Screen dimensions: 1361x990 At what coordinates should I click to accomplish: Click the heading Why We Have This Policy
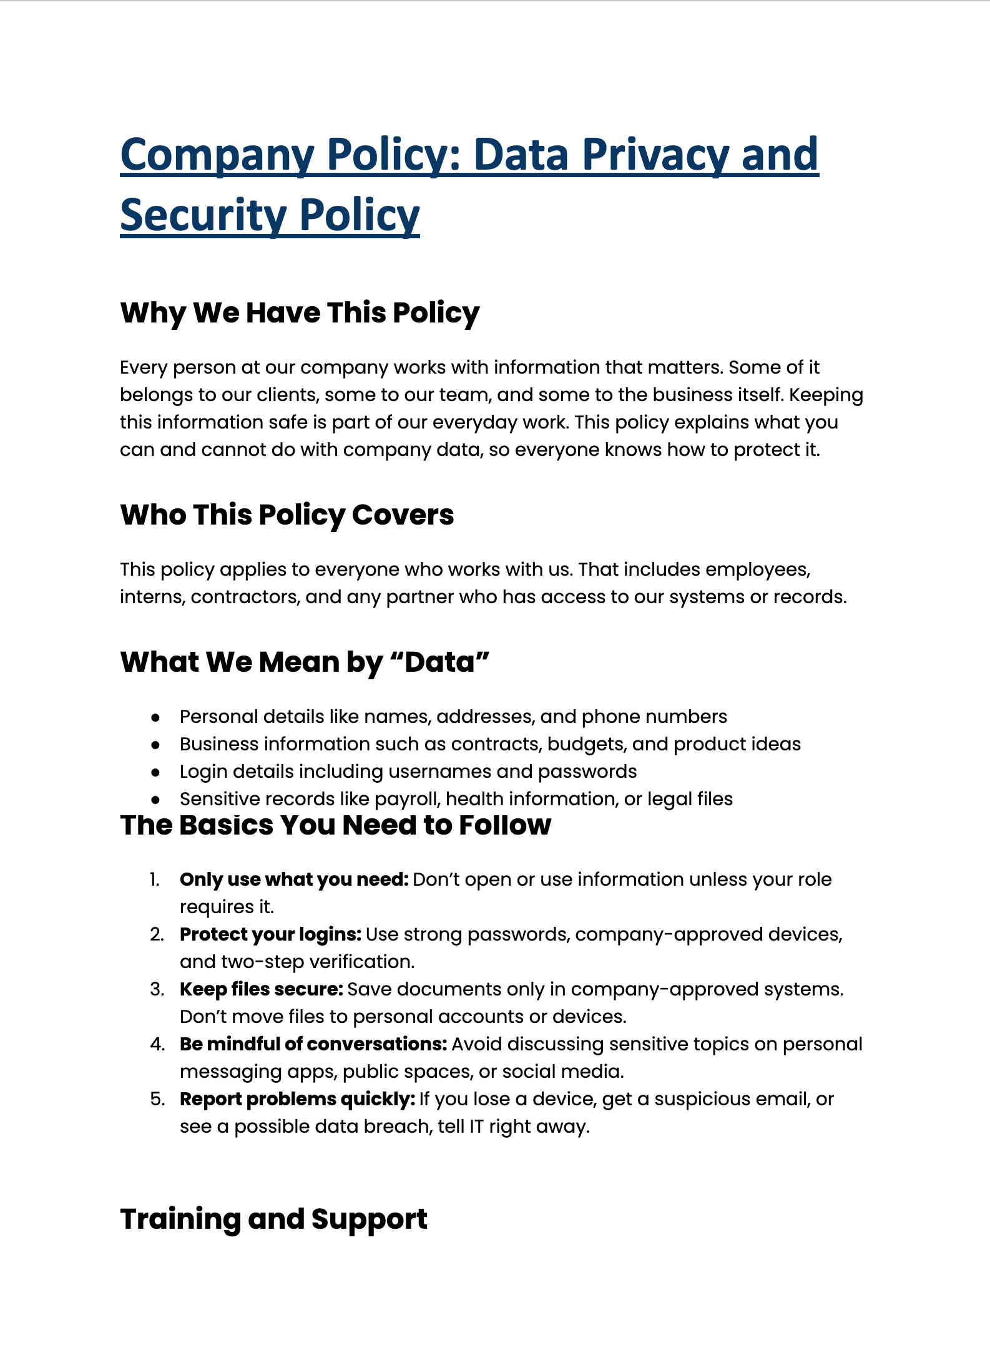300,312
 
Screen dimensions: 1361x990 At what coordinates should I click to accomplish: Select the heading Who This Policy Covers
287,515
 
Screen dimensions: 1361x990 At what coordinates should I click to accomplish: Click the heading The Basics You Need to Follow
335,825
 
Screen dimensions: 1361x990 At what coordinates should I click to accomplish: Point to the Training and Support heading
273,1219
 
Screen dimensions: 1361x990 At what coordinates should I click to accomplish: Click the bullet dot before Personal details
155,717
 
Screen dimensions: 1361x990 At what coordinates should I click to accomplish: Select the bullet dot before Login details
155,772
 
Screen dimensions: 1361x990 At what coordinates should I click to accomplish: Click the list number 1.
155,879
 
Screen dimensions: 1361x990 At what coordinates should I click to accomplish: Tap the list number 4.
157,1044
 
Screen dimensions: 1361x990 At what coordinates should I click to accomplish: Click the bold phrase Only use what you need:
294,879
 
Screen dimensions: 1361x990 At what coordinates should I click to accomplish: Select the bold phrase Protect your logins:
270,934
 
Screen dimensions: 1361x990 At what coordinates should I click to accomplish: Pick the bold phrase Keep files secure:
262,989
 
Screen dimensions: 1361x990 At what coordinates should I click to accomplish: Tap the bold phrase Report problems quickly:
297,1099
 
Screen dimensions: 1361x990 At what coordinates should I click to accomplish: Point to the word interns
152,597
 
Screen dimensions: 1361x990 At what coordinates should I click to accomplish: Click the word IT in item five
476,1126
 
